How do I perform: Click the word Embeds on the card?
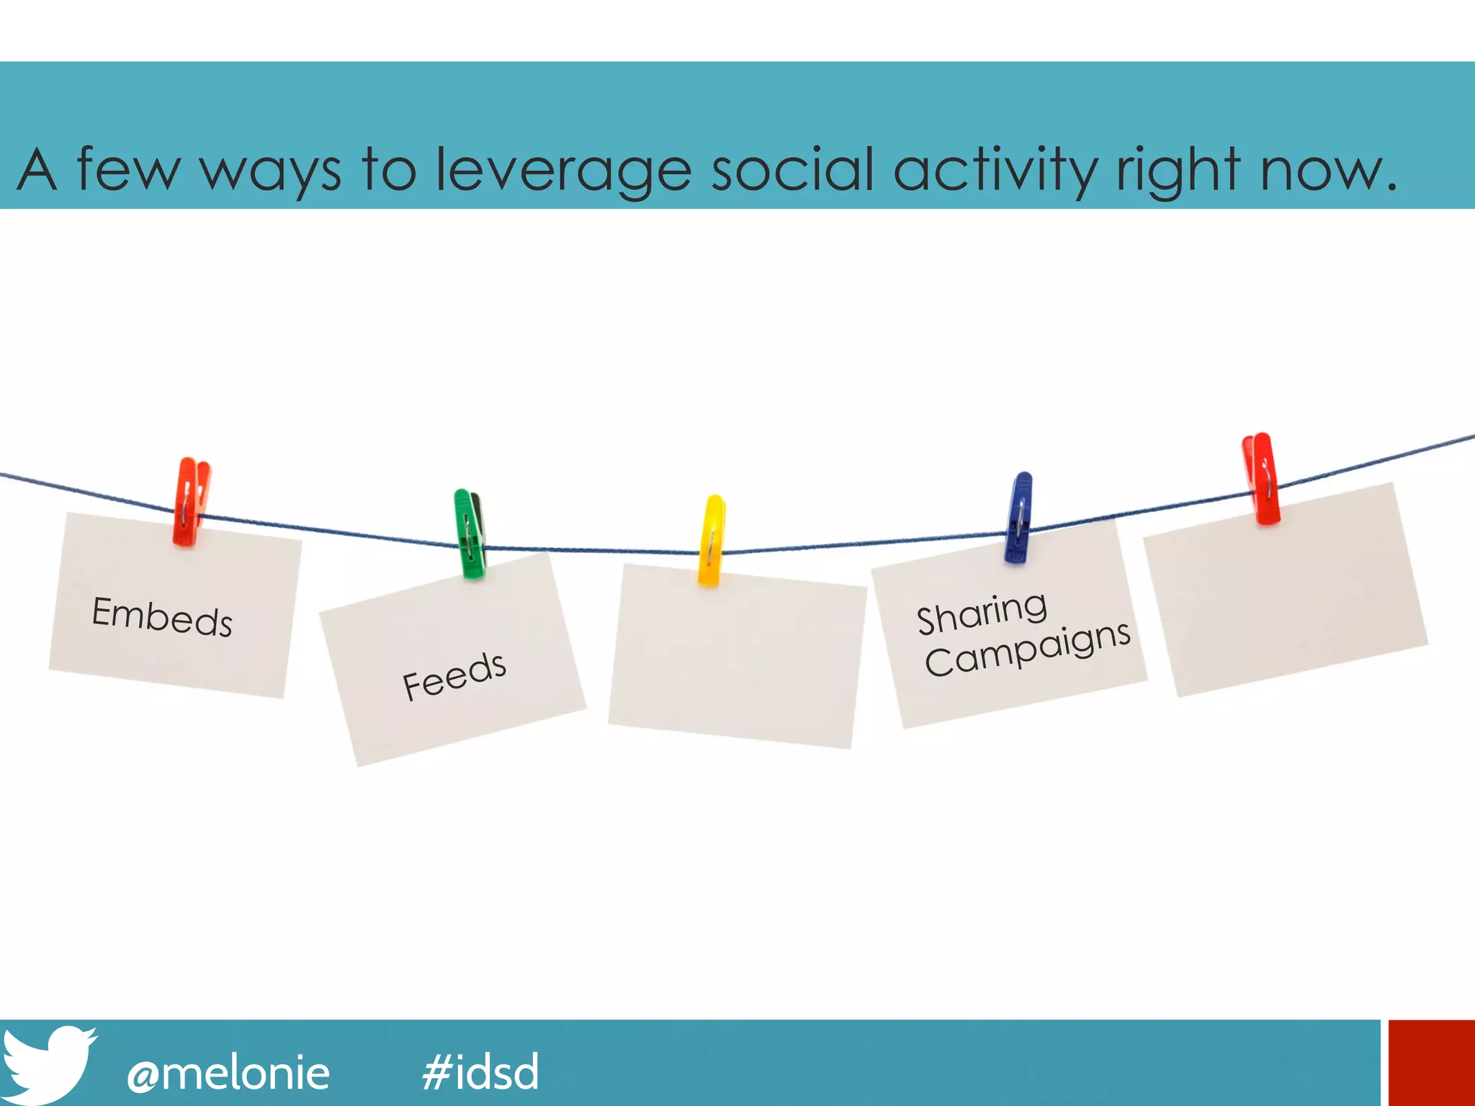click(x=162, y=616)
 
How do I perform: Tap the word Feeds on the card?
click(x=454, y=675)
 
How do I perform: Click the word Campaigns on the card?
click(x=1028, y=649)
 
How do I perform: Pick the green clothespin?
click(x=470, y=534)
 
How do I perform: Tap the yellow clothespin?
click(x=712, y=540)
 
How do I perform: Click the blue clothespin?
click(x=1019, y=517)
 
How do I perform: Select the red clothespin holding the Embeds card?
click(x=190, y=501)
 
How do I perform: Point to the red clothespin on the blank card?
click(x=1261, y=478)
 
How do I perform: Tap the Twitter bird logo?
click(x=48, y=1064)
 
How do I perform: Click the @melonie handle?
click(x=228, y=1073)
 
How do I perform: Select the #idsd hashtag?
click(x=480, y=1071)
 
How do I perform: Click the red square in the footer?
click(x=1431, y=1062)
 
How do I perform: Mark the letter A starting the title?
click(x=37, y=170)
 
